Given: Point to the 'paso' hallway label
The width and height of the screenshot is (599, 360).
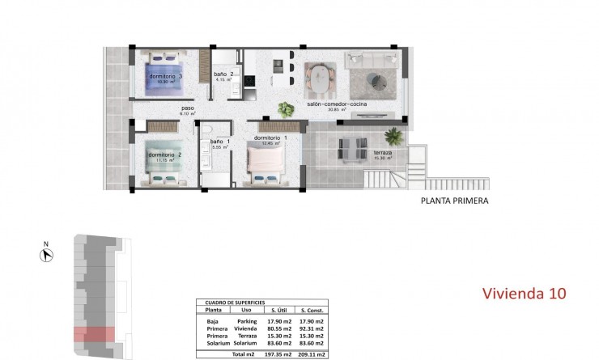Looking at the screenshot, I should point(187,108).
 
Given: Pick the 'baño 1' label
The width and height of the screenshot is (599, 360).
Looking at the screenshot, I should point(220,142).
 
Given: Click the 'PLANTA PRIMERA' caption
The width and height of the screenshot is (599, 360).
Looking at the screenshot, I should point(455,201).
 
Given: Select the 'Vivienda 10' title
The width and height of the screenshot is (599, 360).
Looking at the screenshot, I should point(523,292).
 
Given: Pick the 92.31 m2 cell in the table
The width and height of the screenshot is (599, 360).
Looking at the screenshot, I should point(312,328).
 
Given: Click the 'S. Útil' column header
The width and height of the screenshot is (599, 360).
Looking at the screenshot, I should point(279,309).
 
